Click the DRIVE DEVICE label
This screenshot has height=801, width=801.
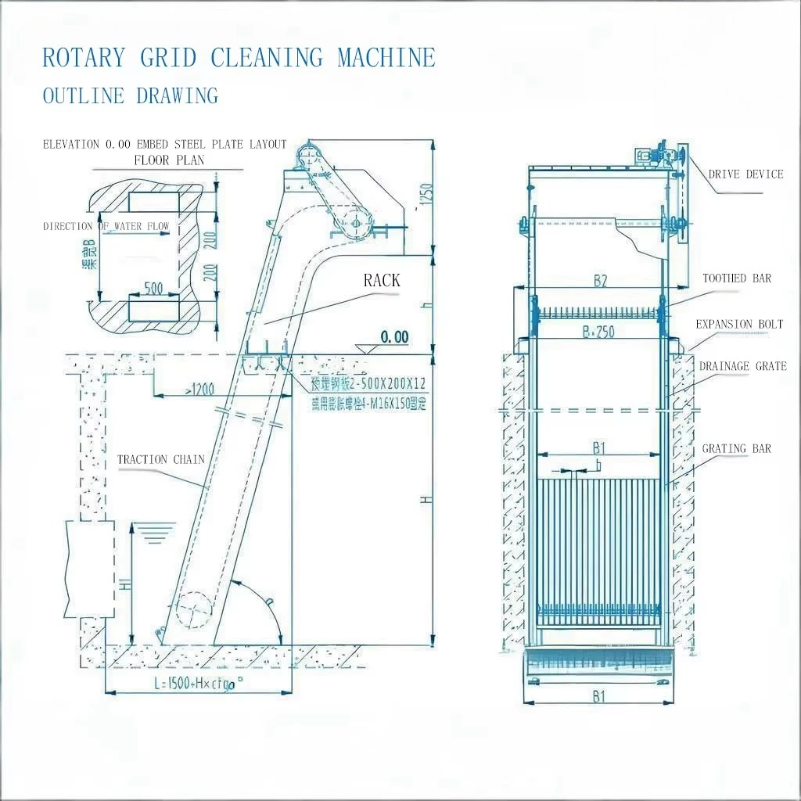pos(745,174)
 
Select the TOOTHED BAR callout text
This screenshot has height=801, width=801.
pos(736,278)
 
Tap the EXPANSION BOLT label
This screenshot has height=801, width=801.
pos(739,325)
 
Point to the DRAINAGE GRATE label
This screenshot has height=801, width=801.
pos(742,366)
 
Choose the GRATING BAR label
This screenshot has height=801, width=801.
pos(736,448)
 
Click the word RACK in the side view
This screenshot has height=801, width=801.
pos(382,281)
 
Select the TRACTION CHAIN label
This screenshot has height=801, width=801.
pos(160,459)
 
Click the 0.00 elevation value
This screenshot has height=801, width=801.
pos(394,338)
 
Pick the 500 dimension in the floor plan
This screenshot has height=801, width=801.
pos(153,289)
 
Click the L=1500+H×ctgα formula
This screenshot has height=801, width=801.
pos(199,682)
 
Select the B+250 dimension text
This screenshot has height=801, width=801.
pos(598,332)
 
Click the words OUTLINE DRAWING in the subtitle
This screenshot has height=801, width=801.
pos(130,96)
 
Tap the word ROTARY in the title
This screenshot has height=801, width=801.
pos(83,58)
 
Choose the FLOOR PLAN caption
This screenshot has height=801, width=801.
pos(169,160)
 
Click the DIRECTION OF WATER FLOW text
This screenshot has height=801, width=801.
pos(106,227)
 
